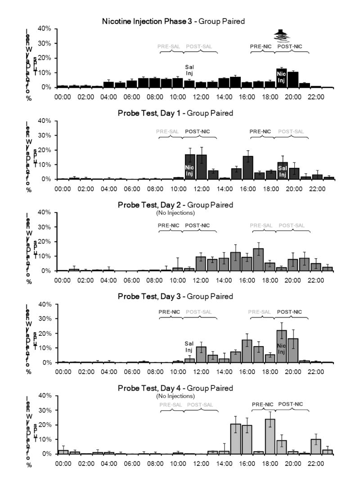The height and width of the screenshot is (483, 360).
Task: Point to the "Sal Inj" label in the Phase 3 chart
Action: [x=189, y=70]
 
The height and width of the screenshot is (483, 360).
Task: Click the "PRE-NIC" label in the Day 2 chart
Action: [x=169, y=225]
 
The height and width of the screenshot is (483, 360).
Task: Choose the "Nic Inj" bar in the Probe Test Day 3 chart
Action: [x=282, y=346]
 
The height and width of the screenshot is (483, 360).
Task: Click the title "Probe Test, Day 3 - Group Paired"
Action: [x=175, y=297]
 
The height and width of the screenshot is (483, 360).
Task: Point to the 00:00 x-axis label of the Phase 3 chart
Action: [x=63, y=96]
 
